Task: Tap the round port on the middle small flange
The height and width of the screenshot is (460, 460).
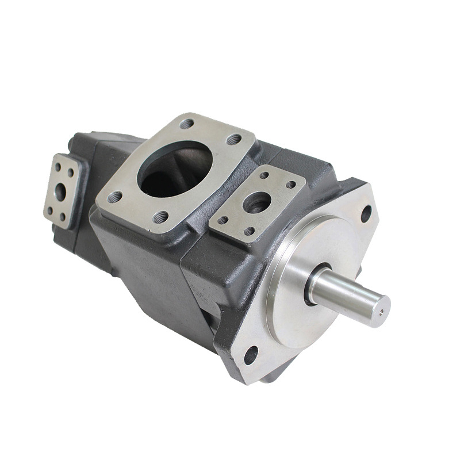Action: click(x=257, y=202)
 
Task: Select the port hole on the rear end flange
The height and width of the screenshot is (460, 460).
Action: click(x=60, y=192)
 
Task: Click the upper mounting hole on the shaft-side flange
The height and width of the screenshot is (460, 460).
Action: click(x=366, y=214)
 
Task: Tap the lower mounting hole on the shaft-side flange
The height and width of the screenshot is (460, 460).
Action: click(x=251, y=355)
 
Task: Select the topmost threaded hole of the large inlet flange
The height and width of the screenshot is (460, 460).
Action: click(x=187, y=124)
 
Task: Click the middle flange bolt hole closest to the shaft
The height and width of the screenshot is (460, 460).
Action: click(x=291, y=185)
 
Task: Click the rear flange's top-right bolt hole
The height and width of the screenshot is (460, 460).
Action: click(x=70, y=172)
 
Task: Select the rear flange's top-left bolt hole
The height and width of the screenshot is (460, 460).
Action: click(x=57, y=167)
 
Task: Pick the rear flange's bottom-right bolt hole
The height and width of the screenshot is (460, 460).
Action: click(x=63, y=216)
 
